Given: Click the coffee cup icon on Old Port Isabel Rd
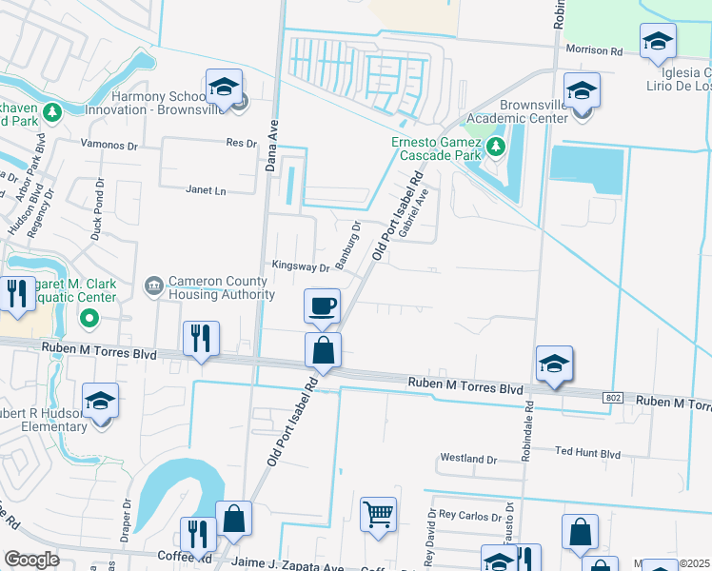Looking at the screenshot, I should [322, 305].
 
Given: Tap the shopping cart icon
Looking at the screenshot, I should [378, 515].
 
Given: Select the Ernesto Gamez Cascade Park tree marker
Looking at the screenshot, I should [495, 147].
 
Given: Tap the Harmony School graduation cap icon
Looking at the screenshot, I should [223, 88].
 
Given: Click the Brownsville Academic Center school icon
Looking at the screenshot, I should [580, 91].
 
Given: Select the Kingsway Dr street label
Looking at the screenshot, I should [300, 267].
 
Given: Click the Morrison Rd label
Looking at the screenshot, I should [593, 49].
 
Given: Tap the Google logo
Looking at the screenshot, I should [31, 561].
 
